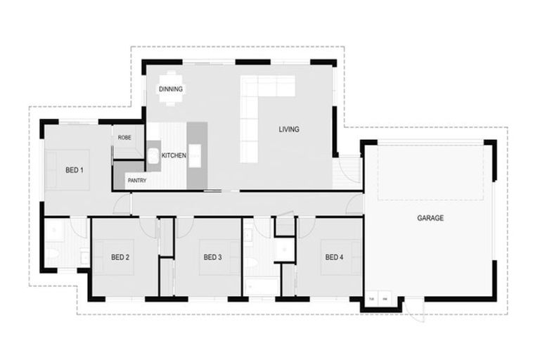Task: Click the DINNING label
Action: coord(171,89)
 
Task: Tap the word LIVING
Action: coord(288,129)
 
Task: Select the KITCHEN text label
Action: coord(174,155)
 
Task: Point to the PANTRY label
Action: coord(136,181)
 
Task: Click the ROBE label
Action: coord(124,138)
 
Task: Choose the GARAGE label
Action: coord(430,219)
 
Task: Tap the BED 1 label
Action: coord(75,170)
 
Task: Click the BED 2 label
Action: coord(120,257)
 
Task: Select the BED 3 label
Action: coord(212,257)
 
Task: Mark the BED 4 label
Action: coord(334,257)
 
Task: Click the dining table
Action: coord(171,89)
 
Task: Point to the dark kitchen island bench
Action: coord(197,155)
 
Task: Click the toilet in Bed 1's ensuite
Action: coord(52,254)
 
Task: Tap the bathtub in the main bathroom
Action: coord(261,286)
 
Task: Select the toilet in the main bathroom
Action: coord(251,263)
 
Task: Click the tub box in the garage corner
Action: coord(372,299)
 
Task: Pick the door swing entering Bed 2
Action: coord(148,227)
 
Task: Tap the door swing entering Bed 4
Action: coord(306,227)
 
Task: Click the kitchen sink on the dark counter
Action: coord(153,156)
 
